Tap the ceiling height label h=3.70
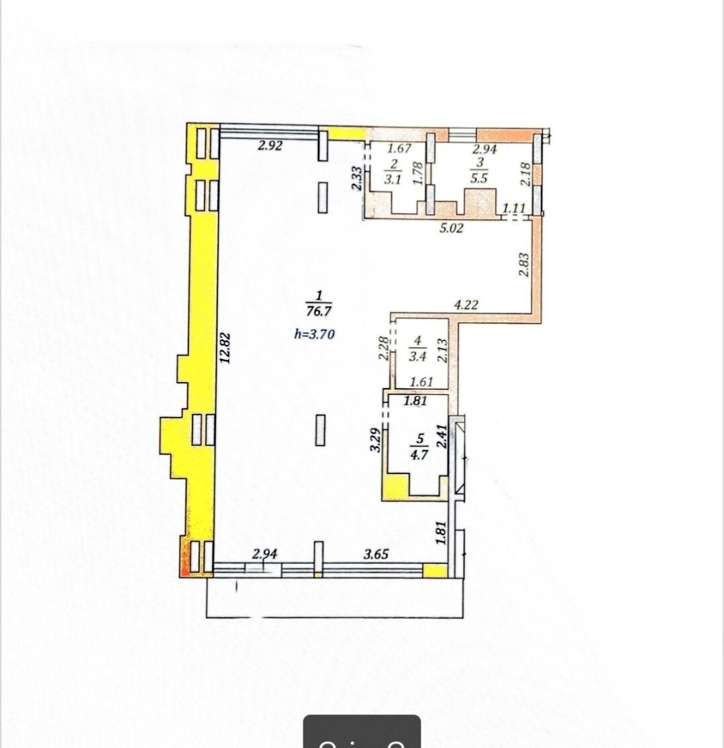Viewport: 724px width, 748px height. click(315, 334)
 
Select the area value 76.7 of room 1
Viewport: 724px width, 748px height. click(319, 312)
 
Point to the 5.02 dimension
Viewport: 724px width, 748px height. click(451, 228)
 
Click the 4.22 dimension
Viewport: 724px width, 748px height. click(466, 305)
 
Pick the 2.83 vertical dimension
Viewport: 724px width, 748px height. click(524, 265)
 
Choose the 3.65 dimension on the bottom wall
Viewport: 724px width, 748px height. click(376, 554)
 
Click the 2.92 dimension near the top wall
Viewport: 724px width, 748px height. click(270, 146)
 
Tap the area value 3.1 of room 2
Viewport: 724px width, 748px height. click(393, 180)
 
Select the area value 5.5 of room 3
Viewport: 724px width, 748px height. click(479, 179)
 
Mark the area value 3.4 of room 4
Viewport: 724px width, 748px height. click(417, 356)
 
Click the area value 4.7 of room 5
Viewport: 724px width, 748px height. click(419, 455)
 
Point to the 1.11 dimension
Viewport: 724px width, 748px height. click(514, 208)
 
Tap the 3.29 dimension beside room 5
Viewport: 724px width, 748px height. click(376, 440)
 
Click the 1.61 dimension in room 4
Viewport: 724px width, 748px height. click(421, 381)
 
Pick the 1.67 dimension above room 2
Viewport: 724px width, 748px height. click(399, 148)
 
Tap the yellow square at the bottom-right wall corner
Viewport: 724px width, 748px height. click(435, 571)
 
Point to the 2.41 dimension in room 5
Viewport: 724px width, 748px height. click(442, 436)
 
